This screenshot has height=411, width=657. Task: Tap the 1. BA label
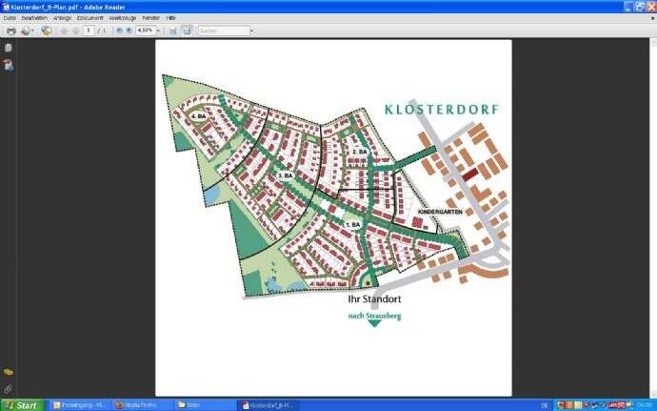[353, 225]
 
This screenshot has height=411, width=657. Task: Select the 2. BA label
[360, 153]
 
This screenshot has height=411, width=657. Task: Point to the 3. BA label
[286, 176]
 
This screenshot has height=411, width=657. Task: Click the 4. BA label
[199, 117]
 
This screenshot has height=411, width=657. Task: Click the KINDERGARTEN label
[440, 211]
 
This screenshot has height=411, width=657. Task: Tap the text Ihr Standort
[374, 298]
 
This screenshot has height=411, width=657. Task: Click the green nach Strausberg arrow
[374, 321]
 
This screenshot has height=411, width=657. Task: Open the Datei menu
[10, 18]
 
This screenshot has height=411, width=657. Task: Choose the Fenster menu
[150, 18]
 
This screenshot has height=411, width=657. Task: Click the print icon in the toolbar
[10, 31]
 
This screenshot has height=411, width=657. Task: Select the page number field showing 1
[89, 31]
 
